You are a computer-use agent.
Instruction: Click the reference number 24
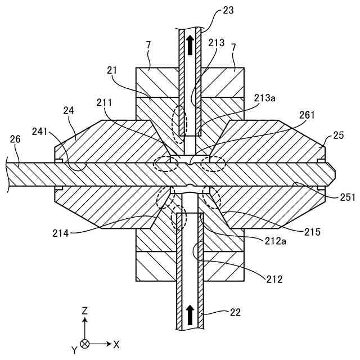pyautogui.click(x=69, y=111)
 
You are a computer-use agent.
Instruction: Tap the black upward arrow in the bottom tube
pyautogui.click(x=190, y=310)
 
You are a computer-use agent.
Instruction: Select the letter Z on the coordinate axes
pyautogui.click(x=84, y=310)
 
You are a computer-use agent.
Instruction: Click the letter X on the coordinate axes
pyautogui.click(x=116, y=343)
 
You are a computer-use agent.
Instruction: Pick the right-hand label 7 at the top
pyautogui.click(x=234, y=56)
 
